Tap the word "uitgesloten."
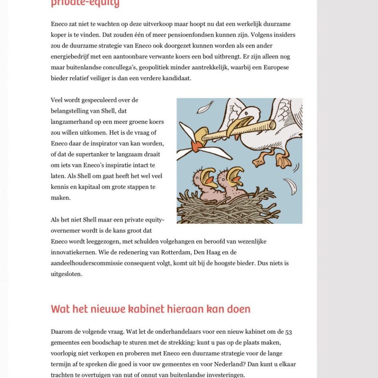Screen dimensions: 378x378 (x=67, y=274)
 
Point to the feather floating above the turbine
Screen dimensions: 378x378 (x=204, y=107)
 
